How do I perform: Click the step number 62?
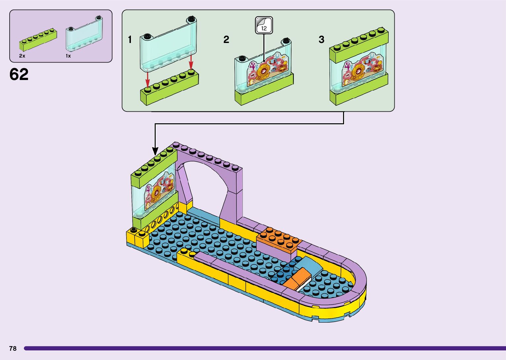pyautogui.click(x=19, y=75)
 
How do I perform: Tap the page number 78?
pyautogui.click(x=13, y=348)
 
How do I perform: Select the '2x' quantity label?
pyautogui.click(x=22, y=56)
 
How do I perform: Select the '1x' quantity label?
pyautogui.click(x=68, y=56)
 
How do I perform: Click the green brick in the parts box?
pyautogui.click(x=38, y=40)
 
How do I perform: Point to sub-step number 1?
pyautogui.click(x=130, y=40)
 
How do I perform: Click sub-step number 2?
pyautogui.click(x=226, y=40)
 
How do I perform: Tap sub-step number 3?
pyautogui.click(x=321, y=40)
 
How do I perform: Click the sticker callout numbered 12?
pyautogui.click(x=264, y=26)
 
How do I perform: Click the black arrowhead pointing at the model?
pyautogui.click(x=155, y=151)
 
